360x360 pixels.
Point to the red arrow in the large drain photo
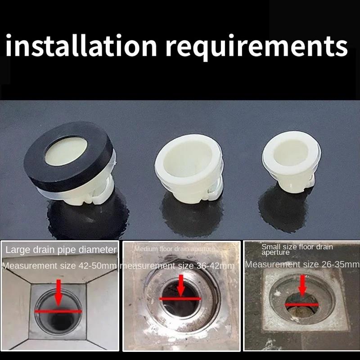coord(58,292)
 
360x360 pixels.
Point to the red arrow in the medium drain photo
coord(181,285)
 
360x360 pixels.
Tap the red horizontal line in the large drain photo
coord(58,311)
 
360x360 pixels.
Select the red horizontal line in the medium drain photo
coord(180,298)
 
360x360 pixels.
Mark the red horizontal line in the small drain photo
coord(301,304)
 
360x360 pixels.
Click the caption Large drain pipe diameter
coord(61,249)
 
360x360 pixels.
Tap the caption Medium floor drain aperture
coord(175,248)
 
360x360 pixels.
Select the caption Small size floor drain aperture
coord(297,249)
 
